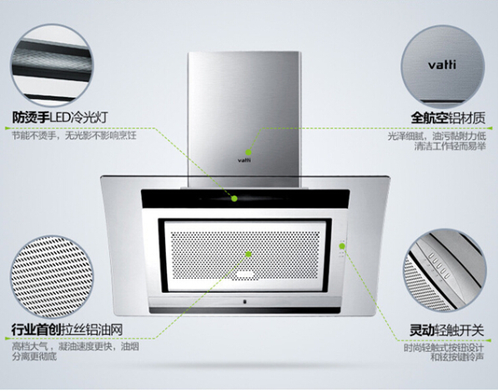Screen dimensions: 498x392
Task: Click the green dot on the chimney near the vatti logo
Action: tap(249, 152)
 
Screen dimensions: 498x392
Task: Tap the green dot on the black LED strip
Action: tap(234, 199)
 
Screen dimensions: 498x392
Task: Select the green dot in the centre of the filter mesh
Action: tap(249, 254)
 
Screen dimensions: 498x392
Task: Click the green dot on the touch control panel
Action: tap(342, 246)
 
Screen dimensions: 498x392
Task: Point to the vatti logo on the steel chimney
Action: tap(244, 160)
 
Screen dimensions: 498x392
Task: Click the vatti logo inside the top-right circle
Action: tap(442, 65)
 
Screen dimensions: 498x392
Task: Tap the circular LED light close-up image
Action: tap(52, 66)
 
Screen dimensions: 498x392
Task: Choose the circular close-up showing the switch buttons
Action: tap(445, 271)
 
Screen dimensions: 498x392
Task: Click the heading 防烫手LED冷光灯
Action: tap(60, 118)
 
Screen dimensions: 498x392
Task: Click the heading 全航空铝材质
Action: tap(448, 118)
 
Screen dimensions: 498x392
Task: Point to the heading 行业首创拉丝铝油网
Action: tap(67, 329)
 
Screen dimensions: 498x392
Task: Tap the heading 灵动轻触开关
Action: tap(446, 330)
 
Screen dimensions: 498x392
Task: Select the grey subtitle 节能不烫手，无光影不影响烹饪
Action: tap(74, 136)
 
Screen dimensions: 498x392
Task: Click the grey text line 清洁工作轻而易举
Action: tap(450, 147)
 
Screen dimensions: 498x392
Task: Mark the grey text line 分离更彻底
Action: tap(34, 356)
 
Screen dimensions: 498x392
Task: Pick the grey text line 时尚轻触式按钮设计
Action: tap(444, 348)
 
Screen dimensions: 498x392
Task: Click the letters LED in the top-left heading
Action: tap(60, 118)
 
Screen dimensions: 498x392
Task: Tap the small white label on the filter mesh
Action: tap(244, 274)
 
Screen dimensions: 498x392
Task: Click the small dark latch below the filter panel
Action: tap(244, 301)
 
